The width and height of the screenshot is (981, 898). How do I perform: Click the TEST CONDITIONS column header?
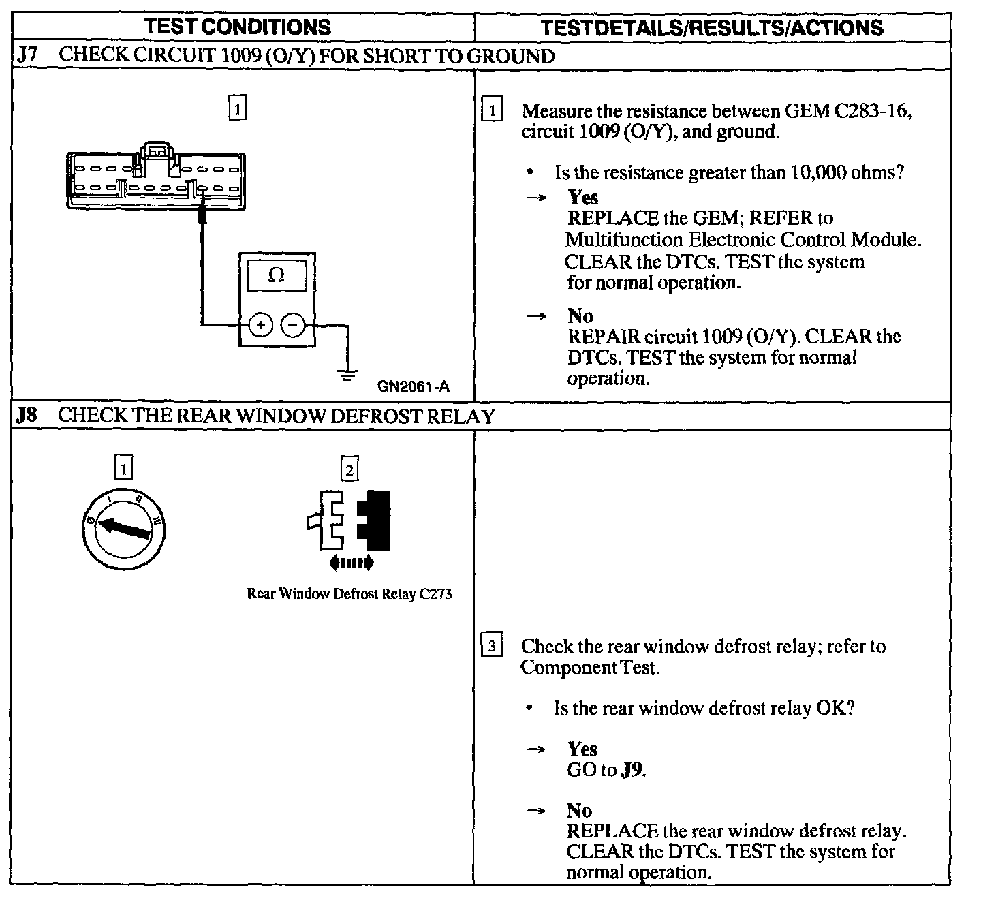pos(238,27)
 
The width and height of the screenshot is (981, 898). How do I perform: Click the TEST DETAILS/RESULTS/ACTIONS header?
pos(712,27)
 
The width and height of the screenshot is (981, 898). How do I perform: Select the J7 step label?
pos(27,55)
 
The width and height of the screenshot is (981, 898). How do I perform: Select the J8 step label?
pos(27,416)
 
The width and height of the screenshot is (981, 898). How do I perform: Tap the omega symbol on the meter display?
pos(276,275)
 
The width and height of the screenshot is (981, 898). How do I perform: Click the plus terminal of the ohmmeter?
pos(260,325)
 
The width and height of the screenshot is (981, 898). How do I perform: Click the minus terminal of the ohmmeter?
pos(293,325)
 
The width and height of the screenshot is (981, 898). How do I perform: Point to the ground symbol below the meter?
pos(347,373)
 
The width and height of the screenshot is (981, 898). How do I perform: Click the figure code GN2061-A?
pos(414,387)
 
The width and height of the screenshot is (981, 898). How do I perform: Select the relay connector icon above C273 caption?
pos(349,519)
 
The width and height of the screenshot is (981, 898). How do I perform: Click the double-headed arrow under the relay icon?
pos(351,563)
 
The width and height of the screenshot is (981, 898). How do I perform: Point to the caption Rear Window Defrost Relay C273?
pos(349,593)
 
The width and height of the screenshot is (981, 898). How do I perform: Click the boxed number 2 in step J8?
pos(349,469)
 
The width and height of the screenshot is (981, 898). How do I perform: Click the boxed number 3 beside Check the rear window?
pos(492,645)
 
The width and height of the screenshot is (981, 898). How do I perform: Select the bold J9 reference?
pos(633,770)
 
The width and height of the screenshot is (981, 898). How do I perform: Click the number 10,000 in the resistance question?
pos(818,172)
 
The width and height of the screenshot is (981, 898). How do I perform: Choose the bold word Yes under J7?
pos(582,198)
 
